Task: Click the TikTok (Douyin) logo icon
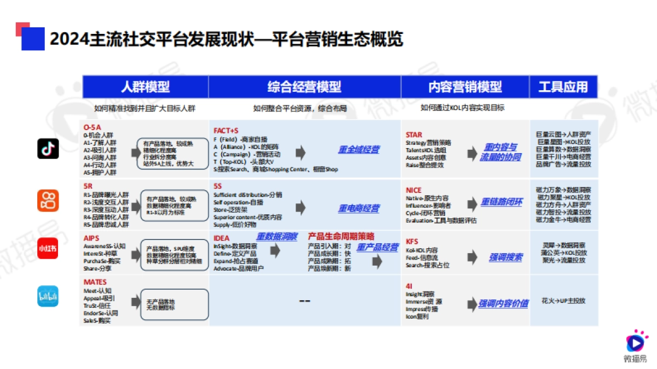(x=48, y=149)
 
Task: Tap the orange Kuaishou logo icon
(x=48, y=200)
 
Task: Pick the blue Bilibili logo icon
(x=48, y=296)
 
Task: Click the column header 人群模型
(x=145, y=86)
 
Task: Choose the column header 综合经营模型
(x=304, y=86)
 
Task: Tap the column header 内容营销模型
(x=465, y=86)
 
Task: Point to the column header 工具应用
(x=563, y=86)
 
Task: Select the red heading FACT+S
(x=226, y=131)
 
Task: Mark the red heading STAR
(x=414, y=134)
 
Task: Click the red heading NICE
(x=413, y=190)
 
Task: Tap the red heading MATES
(x=95, y=282)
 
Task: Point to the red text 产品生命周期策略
(x=341, y=236)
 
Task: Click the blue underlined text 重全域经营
(x=359, y=150)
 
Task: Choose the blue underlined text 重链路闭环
(x=501, y=202)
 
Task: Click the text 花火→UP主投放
(x=563, y=301)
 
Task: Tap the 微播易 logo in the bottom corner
(x=635, y=346)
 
